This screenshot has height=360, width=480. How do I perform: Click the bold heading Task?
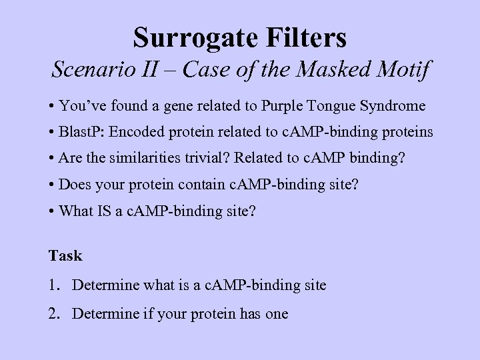click(x=65, y=255)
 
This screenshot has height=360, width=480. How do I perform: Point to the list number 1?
click(x=53, y=285)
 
